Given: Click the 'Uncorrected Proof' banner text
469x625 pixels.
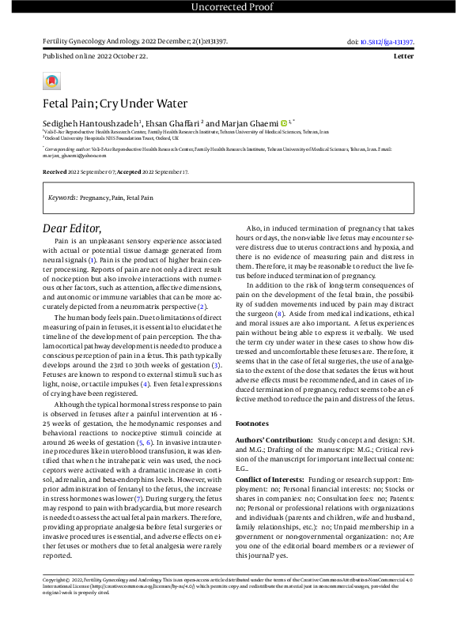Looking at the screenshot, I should pos(234,8).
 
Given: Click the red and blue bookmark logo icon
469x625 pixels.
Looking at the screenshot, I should pos(51,81).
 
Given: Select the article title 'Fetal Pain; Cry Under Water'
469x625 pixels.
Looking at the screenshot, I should pos(115,104).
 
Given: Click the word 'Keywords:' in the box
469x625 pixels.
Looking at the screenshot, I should pos(62,197).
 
